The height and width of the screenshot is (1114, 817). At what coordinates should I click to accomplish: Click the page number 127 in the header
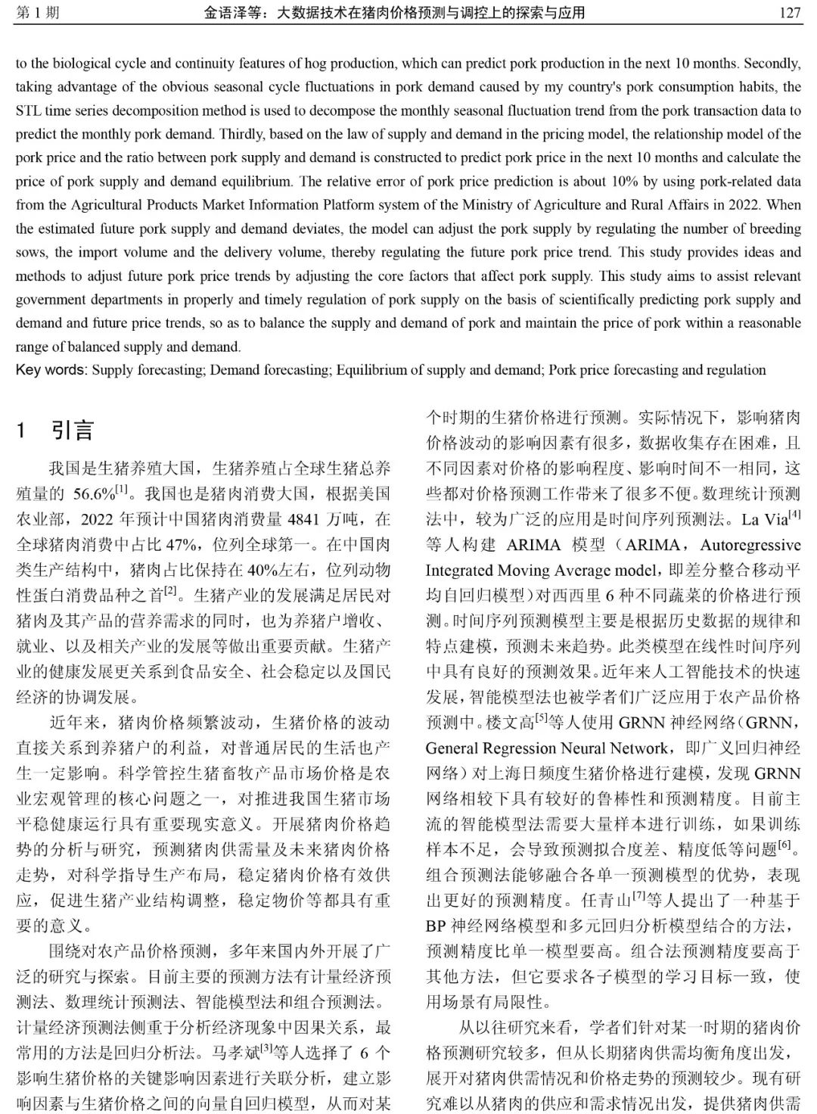coord(789,13)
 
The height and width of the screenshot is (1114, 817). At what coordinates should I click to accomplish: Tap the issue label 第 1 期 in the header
coord(37,13)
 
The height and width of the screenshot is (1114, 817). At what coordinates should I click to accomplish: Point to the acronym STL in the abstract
coord(28,110)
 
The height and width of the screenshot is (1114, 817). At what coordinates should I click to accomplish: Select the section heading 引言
coord(73,431)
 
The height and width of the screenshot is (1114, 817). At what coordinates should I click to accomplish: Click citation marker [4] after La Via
coord(794,515)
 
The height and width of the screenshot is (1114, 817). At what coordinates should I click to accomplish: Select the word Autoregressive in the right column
coord(750,545)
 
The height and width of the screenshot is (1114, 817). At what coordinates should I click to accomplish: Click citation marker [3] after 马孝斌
coord(267,1049)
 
